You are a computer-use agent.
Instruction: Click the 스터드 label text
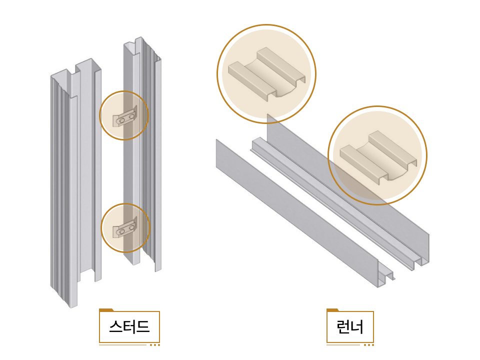click(129, 327)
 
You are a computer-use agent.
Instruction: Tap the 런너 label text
click(350, 327)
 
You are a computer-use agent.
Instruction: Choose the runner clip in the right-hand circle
click(377, 156)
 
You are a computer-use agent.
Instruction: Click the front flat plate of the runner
click(295, 210)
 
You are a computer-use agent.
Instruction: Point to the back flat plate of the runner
click(350, 175)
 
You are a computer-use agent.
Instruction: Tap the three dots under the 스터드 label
click(155, 344)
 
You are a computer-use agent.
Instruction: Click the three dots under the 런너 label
click(369, 344)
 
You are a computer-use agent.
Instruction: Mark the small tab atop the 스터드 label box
click(106, 310)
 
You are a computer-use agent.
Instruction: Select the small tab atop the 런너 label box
click(332, 310)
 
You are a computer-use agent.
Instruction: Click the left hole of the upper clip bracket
click(122, 120)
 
